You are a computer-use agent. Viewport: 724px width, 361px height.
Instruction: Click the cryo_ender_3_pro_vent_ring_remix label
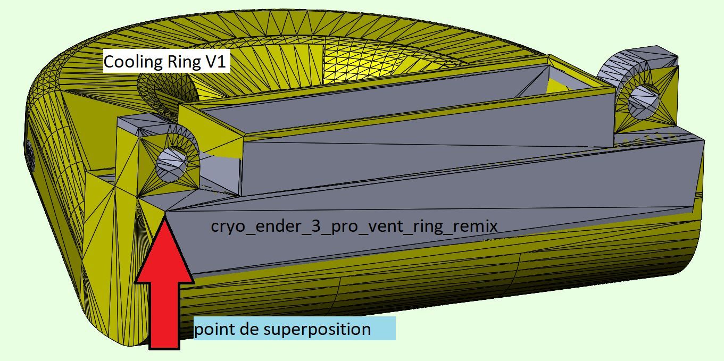tap(354, 226)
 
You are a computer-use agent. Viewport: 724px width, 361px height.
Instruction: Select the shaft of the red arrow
tap(164, 314)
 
